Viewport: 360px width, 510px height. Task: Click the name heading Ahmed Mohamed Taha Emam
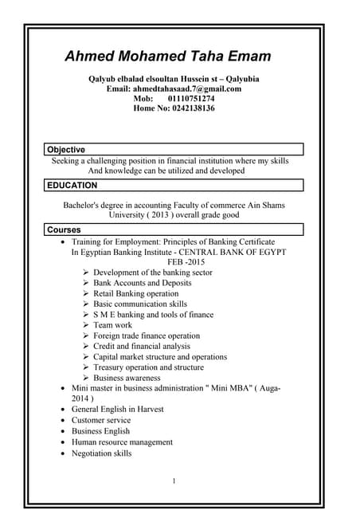(x=167, y=57)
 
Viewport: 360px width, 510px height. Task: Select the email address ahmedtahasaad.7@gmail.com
(x=196, y=88)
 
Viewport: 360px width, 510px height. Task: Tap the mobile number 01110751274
(x=190, y=99)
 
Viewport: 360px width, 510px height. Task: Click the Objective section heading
(x=66, y=150)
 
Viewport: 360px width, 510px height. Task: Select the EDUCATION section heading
(x=72, y=186)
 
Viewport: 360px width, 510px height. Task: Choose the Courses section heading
(x=65, y=229)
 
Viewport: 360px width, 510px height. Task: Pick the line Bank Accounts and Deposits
(x=142, y=283)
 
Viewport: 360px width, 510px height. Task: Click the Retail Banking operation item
(x=135, y=293)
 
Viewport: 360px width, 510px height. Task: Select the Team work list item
(x=113, y=325)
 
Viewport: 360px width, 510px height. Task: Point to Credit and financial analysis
(x=142, y=347)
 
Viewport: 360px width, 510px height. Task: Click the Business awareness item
(x=127, y=378)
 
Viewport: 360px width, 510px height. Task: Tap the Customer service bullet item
(x=101, y=420)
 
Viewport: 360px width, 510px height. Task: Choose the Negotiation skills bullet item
(x=102, y=453)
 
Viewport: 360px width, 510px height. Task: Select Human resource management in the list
(x=122, y=441)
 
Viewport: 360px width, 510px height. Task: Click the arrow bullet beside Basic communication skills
(x=86, y=304)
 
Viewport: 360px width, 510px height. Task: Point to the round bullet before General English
(x=64, y=410)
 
